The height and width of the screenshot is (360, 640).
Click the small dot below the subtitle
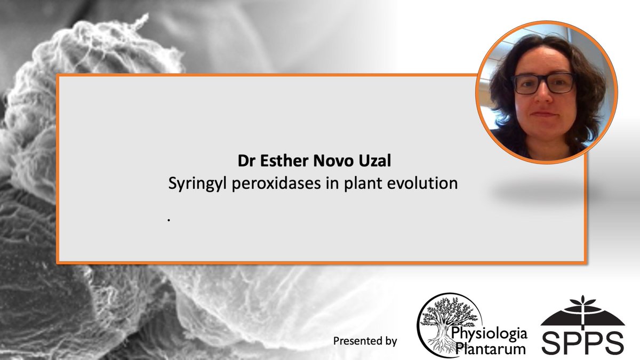point(169,219)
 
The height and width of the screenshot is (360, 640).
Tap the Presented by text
point(365,340)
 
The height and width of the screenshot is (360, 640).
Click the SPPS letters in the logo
point(582,341)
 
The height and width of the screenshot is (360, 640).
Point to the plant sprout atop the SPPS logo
point(582,304)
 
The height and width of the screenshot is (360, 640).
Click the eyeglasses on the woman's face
point(543,84)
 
